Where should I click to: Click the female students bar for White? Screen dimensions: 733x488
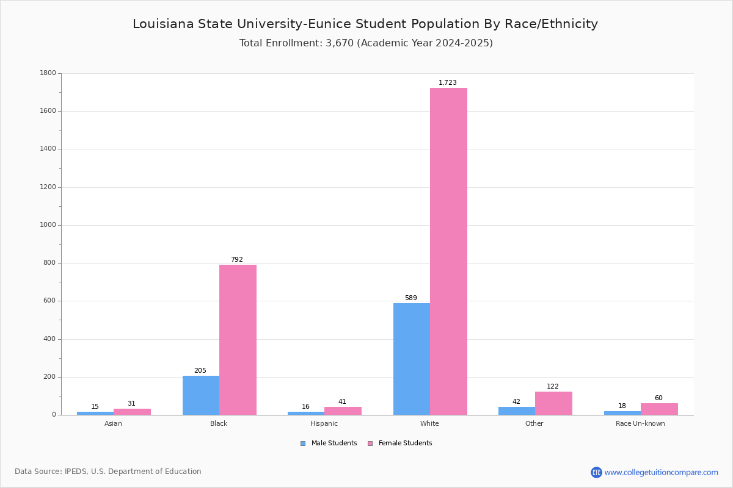tap(448, 251)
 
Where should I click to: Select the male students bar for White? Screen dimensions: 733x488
tap(412, 359)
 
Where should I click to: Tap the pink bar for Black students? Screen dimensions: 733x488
tap(238, 340)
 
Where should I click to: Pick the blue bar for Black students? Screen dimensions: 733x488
tap(201, 395)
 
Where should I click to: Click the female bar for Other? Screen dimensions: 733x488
tap(553, 403)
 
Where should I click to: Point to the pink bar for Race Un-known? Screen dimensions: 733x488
tap(659, 409)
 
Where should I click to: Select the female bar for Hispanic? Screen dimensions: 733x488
tap(343, 411)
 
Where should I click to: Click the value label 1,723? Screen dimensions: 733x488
tap(448, 82)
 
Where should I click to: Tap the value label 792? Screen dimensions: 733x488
tap(237, 259)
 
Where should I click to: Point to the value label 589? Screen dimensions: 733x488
tap(411, 298)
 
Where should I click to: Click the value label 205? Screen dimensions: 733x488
tap(200, 370)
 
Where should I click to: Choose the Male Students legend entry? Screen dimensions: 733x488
tap(329, 443)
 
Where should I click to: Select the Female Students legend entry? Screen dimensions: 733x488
tap(400, 443)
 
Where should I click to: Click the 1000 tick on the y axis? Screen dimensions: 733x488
tap(48, 225)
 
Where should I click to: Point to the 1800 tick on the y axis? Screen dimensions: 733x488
tap(48, 73)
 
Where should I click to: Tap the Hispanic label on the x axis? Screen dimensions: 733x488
tap(324, 423)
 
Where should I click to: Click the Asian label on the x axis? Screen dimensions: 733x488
tap(113, 423)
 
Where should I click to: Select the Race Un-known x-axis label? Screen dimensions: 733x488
tap(640, 423)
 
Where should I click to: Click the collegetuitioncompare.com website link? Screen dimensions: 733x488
tap(661, 472)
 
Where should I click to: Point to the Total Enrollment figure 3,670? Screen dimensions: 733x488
tap(340, 43)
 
